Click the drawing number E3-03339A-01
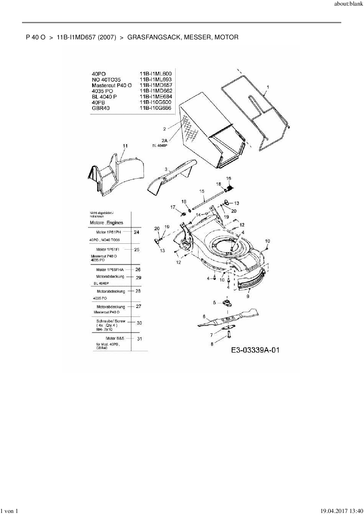[255, 350]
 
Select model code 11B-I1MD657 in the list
[156, 85]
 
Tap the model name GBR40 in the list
[101, 108]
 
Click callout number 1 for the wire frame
[268, 87]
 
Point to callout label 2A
[164, 140]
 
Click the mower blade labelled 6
[229, 319]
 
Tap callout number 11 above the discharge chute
[125, 146]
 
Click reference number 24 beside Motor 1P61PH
[136, 232]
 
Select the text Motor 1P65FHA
[110, 270]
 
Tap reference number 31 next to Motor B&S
[139, 339]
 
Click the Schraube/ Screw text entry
[111, 321]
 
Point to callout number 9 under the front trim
[248, 297]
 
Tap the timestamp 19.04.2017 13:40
[341, 511]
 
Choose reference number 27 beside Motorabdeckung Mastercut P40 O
[139, 306]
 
